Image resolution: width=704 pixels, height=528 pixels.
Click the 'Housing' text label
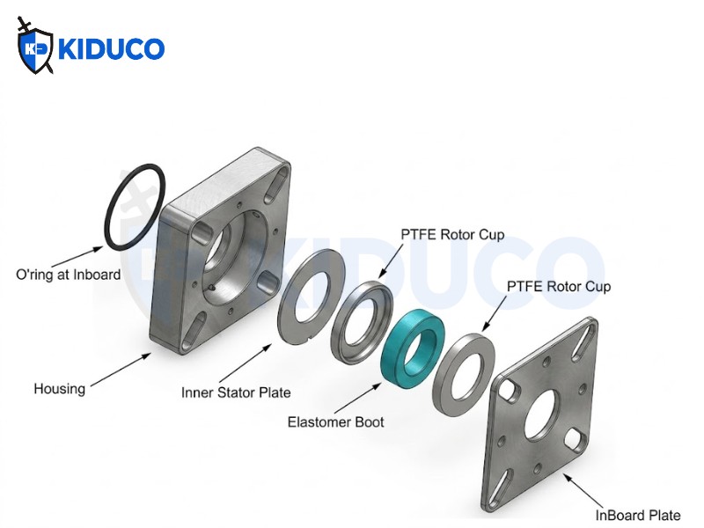(59, 389)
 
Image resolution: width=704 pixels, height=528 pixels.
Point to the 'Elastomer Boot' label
(336, 422)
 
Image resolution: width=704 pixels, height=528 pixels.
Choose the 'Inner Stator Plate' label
(236, 392)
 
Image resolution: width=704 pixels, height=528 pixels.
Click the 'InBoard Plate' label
(638, 516)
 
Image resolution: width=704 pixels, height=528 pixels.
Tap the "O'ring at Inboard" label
(69, 275)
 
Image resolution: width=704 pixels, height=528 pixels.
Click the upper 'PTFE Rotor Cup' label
(452, 235)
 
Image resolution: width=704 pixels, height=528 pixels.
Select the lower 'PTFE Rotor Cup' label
(559, 287)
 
